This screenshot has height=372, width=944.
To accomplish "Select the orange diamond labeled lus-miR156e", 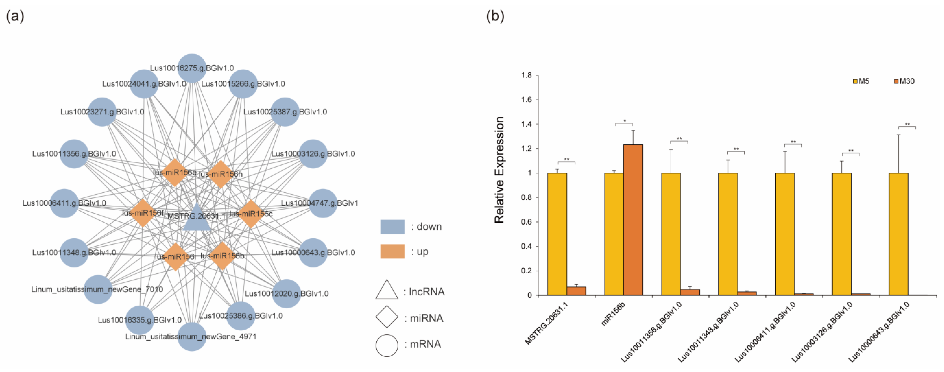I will click(x=175, y=172).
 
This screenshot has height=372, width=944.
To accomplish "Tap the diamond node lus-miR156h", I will click(x=221, y=174).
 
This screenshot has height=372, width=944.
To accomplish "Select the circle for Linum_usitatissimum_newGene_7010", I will click(x=98, y=289).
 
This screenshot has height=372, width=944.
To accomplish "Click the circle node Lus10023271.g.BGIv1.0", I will click(x=102, y=112).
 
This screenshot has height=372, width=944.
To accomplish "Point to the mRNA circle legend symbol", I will click(x=387, y=345).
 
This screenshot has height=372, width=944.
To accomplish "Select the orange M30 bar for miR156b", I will click(x=633, y=220).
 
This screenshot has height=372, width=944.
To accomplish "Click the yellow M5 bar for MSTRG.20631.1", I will click(x=557, y=234).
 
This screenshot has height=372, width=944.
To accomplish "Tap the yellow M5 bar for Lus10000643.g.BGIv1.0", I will click(x=899, y=234).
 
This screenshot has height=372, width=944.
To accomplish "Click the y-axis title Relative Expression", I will click(x=499, y=170).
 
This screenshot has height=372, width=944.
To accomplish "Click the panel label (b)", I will click(x=495, y=16).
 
